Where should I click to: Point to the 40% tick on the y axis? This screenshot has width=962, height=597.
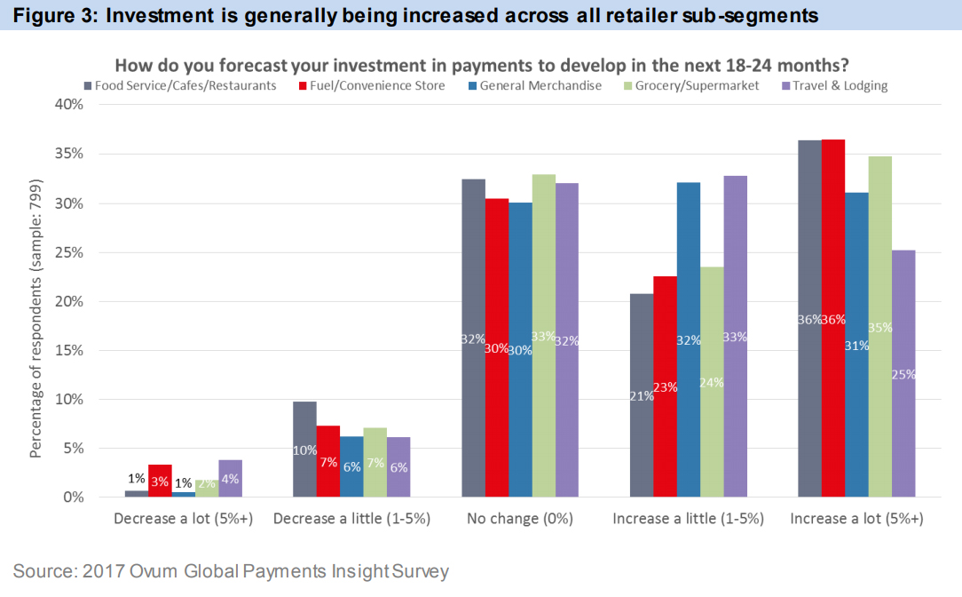coord(69,105)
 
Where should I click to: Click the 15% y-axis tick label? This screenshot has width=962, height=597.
coord(69,351)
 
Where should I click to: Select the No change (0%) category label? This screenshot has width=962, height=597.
coord(519,519)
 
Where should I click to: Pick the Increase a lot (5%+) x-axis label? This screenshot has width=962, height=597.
coord(856,519)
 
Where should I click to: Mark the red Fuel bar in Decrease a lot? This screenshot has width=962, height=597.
coord(160,481)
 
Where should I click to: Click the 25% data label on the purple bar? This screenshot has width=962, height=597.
coord(904,375)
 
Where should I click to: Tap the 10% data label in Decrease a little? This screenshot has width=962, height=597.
coord(304,450)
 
